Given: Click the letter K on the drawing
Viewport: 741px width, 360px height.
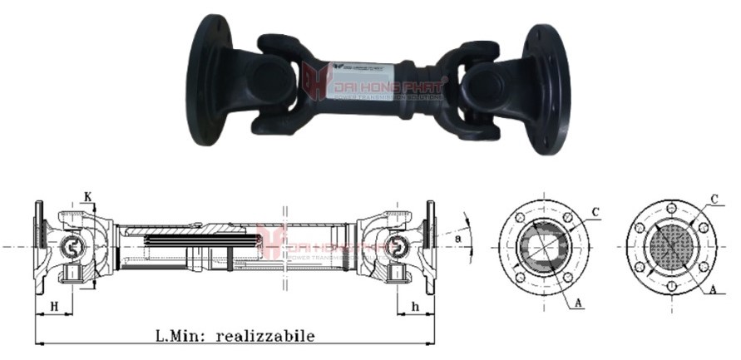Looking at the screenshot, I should tap(87, 197).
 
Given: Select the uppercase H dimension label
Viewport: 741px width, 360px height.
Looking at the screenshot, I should tap(54, 306).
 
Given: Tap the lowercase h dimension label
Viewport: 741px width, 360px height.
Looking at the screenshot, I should tap(414, 306).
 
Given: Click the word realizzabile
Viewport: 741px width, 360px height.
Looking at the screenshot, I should tap(264, 337).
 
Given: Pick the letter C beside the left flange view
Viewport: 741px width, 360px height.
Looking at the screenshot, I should tap(596, 212).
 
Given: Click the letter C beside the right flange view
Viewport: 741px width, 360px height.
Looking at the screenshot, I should tap(714, 199).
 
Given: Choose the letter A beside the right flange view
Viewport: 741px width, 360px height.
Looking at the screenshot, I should tap(714, 291).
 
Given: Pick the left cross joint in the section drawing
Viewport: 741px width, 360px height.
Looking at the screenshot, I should tap(72, 247).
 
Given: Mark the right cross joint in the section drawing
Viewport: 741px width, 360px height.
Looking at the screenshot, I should tap(403, 247).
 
